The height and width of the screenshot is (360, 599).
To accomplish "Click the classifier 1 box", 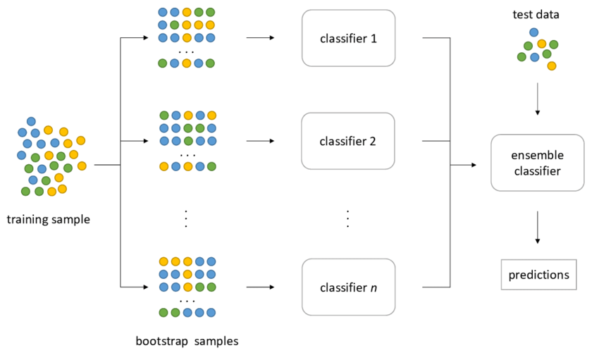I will (348, 38).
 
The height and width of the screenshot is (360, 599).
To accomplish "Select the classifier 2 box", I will (348, 141).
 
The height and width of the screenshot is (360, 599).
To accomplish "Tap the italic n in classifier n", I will (373, 287).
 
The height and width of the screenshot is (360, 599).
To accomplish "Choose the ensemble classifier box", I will (537, 162).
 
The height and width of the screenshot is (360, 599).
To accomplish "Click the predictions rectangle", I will (538, 275).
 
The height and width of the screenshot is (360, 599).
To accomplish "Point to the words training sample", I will (49, 219).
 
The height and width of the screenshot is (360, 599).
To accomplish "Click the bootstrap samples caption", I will (187, 342).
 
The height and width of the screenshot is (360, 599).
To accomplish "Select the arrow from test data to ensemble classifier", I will (538, 99).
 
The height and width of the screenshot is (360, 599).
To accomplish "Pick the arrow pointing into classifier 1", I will (260, 38).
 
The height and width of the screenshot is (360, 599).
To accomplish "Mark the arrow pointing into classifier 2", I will (260, 141).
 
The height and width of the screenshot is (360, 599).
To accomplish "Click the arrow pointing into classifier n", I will (260, 287).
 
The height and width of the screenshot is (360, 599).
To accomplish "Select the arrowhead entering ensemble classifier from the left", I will (474, 165).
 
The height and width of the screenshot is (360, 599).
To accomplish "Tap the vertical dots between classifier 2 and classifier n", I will (348, 218).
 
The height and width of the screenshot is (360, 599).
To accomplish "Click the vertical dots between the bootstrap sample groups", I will (187, 218).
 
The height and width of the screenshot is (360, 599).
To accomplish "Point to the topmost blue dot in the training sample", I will (31, 121).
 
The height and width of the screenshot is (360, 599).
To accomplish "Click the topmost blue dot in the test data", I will (533, 32).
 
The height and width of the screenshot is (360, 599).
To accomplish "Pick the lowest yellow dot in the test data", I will (552, 66).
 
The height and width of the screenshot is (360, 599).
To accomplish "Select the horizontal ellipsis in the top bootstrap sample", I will (187, 51).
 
